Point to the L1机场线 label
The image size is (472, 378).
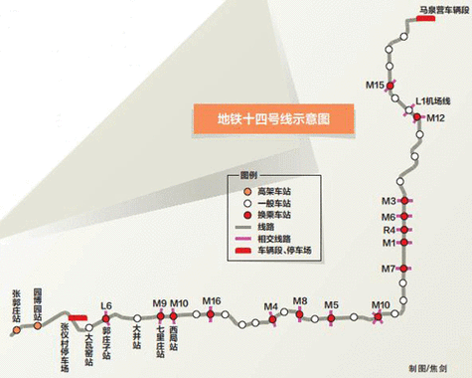433,101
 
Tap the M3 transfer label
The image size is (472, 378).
390,202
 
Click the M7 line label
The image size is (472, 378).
390,269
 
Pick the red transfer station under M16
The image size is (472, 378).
210,314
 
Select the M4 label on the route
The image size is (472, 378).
271,306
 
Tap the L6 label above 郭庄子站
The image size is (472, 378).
107,306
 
